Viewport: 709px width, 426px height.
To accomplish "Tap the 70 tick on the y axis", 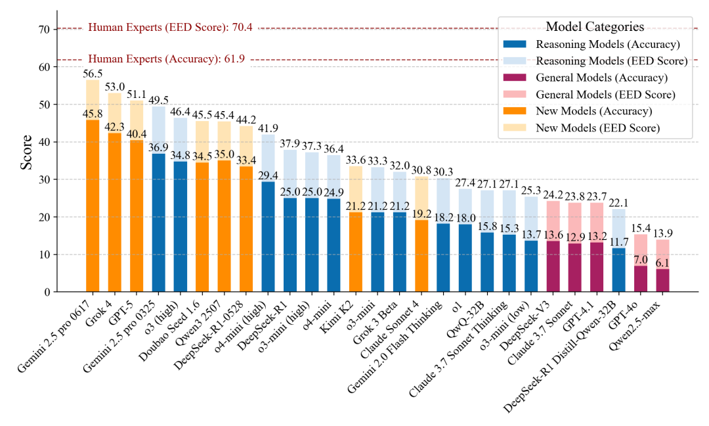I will [43, 30].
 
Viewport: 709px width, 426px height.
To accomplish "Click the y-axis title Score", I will [26, 152].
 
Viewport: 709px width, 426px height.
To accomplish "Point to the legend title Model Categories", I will [595, 27].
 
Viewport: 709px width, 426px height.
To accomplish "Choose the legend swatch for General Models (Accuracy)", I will [515, 78].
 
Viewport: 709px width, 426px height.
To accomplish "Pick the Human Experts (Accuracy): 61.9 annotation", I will [166, 59].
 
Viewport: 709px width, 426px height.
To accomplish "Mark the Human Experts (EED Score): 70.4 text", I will [171, 28].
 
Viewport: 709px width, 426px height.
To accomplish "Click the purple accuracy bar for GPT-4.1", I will [596, 267].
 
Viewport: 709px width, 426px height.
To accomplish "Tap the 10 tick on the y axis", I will [43, 254].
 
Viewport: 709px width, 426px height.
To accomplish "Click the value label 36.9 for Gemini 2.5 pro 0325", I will [158, 147].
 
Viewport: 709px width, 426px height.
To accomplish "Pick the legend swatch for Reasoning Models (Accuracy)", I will [515, 45].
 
